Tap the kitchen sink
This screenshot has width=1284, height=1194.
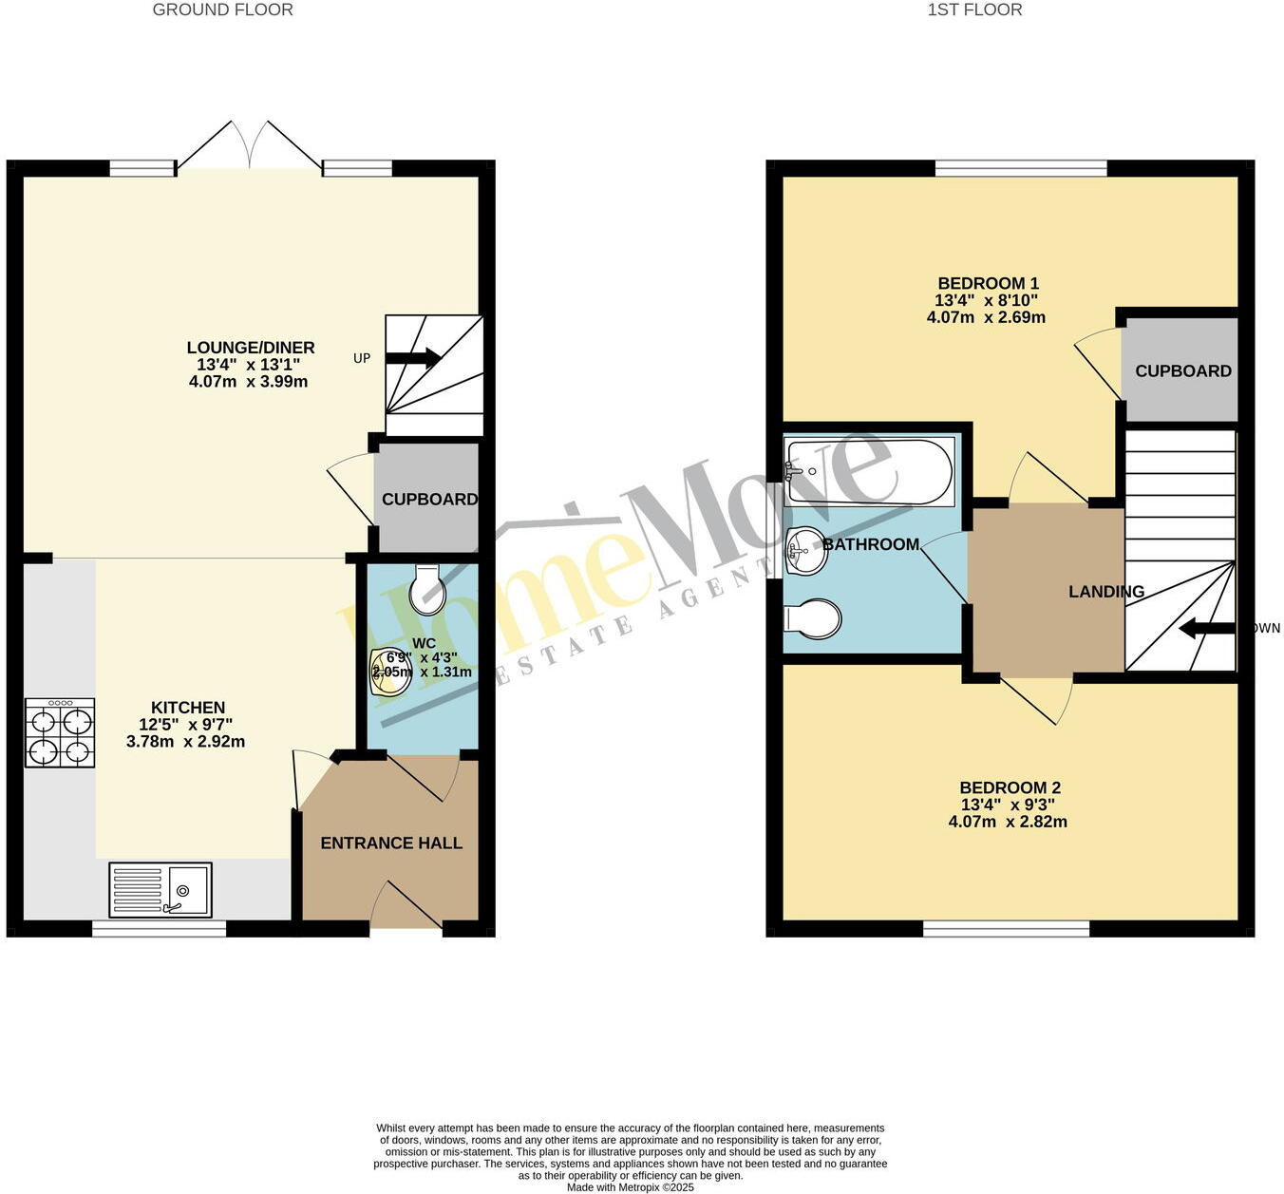[x=160, y=890]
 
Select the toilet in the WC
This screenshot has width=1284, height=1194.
[x=426, y=591]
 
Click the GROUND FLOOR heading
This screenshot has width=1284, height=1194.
[x=223, y=10]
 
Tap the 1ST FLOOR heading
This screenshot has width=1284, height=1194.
[x=974, y=10]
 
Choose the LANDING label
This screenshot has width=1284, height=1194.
[x=1106, y=592]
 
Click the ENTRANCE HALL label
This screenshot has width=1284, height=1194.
[x=391, y=843]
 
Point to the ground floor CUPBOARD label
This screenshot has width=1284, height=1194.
[x=429, y=500]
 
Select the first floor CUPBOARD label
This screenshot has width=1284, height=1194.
[x=1182, y=371]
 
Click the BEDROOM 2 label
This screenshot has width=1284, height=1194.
[x=1010, y=787]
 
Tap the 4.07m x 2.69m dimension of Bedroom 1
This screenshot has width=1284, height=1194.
[x=986, y=317]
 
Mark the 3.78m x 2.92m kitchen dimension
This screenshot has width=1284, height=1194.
[x=185, y=742]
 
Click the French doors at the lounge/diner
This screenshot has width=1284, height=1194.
[x=250, y=147]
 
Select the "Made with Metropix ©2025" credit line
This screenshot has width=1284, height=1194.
[x=631, y=1187]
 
